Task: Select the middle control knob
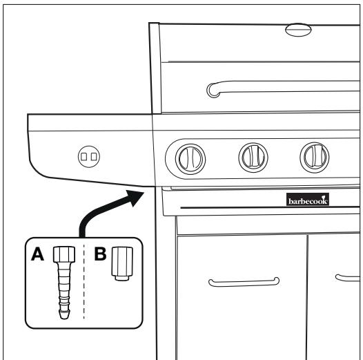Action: [251, 158]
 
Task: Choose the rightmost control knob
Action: [313, 158]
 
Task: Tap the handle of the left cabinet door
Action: [244, 281]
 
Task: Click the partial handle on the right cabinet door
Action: [349, 278]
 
